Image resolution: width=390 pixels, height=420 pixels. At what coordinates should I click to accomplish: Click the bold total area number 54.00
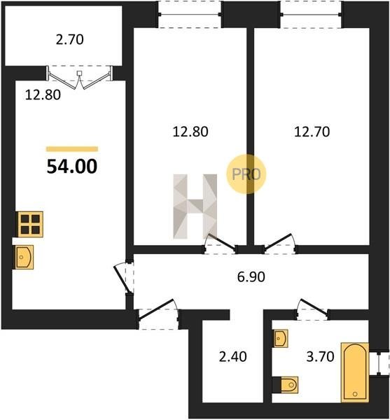72,166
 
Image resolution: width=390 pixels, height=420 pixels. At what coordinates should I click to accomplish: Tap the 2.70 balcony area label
69,40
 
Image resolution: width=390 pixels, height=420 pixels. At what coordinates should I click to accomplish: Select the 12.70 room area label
312,132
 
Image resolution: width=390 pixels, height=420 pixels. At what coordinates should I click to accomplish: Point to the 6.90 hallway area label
251,276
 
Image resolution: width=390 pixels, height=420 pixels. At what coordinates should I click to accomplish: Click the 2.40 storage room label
232,357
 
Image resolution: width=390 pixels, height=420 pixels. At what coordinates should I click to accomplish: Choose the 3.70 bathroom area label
320,357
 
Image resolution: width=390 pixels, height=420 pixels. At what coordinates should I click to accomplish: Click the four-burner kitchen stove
30,224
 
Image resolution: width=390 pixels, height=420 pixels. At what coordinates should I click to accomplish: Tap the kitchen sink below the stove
24,257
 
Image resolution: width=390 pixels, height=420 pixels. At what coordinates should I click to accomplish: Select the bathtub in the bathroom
355,372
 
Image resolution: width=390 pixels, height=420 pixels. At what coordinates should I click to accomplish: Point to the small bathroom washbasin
281,339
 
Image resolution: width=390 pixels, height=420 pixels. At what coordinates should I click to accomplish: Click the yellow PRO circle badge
246,174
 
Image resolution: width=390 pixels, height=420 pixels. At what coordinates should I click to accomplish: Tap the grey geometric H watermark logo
195,206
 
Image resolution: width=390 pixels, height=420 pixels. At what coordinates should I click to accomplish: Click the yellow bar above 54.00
72,149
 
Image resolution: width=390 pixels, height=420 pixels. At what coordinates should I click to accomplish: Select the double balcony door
80,77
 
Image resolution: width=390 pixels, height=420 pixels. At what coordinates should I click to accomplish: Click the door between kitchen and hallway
125,278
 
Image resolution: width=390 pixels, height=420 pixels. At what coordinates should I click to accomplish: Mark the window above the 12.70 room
312,14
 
